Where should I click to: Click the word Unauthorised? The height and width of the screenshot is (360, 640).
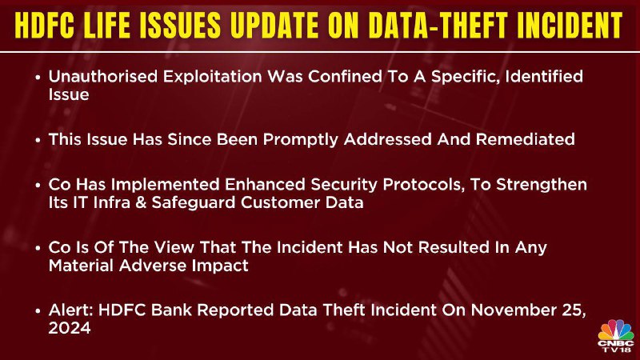pos(103,76)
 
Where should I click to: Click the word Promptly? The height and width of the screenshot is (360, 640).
pos(301,139)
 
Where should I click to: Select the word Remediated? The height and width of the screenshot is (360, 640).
pos(526,139)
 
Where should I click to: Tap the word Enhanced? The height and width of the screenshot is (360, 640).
pos(265,185)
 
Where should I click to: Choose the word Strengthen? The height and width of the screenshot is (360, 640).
pos(542,185)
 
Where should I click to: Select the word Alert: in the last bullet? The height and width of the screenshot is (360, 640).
pos(71,310)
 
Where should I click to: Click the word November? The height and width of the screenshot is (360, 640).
pos(512,310)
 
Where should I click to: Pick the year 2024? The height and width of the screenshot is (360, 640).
pos(70,328)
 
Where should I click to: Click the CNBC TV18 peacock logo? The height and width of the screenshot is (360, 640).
pos(616,335)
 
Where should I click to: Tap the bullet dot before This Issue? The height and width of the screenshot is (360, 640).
pos(38,140)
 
